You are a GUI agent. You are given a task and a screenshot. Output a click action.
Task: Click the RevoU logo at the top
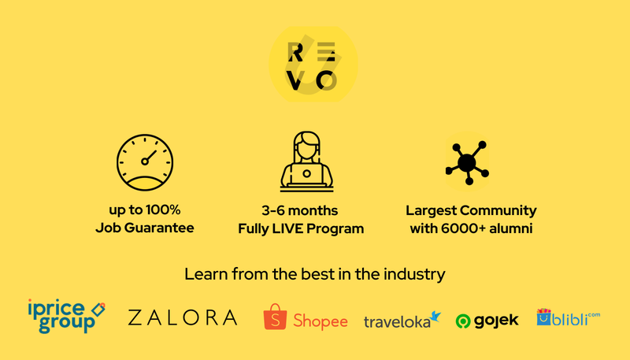point(313,65)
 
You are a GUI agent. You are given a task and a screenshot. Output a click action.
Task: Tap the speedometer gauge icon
point(145,162)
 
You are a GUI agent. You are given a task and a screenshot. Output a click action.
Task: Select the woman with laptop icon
point(306,161)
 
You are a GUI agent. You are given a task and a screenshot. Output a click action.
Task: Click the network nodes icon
point(467,162)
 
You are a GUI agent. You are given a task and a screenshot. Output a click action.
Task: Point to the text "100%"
point(163,210)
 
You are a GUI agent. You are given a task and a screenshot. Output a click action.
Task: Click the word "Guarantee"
point(159,228)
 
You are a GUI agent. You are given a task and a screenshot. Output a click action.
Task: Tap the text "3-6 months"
point(300,210)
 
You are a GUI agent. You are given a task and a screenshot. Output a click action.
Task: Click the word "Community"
point(498,210)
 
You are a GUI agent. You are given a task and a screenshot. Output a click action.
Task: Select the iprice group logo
point(66,316)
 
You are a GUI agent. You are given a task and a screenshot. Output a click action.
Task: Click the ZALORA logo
point(183,317)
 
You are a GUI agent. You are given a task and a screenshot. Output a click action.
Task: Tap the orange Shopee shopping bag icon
point(275,317)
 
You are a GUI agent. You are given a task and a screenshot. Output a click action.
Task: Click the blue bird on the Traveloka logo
point(435,317)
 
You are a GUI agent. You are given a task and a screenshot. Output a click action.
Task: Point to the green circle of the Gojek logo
point(463,321)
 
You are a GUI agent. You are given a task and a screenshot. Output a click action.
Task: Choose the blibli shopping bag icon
point(544,317)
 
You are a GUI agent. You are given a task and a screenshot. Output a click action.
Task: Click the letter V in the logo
point(295,81)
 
